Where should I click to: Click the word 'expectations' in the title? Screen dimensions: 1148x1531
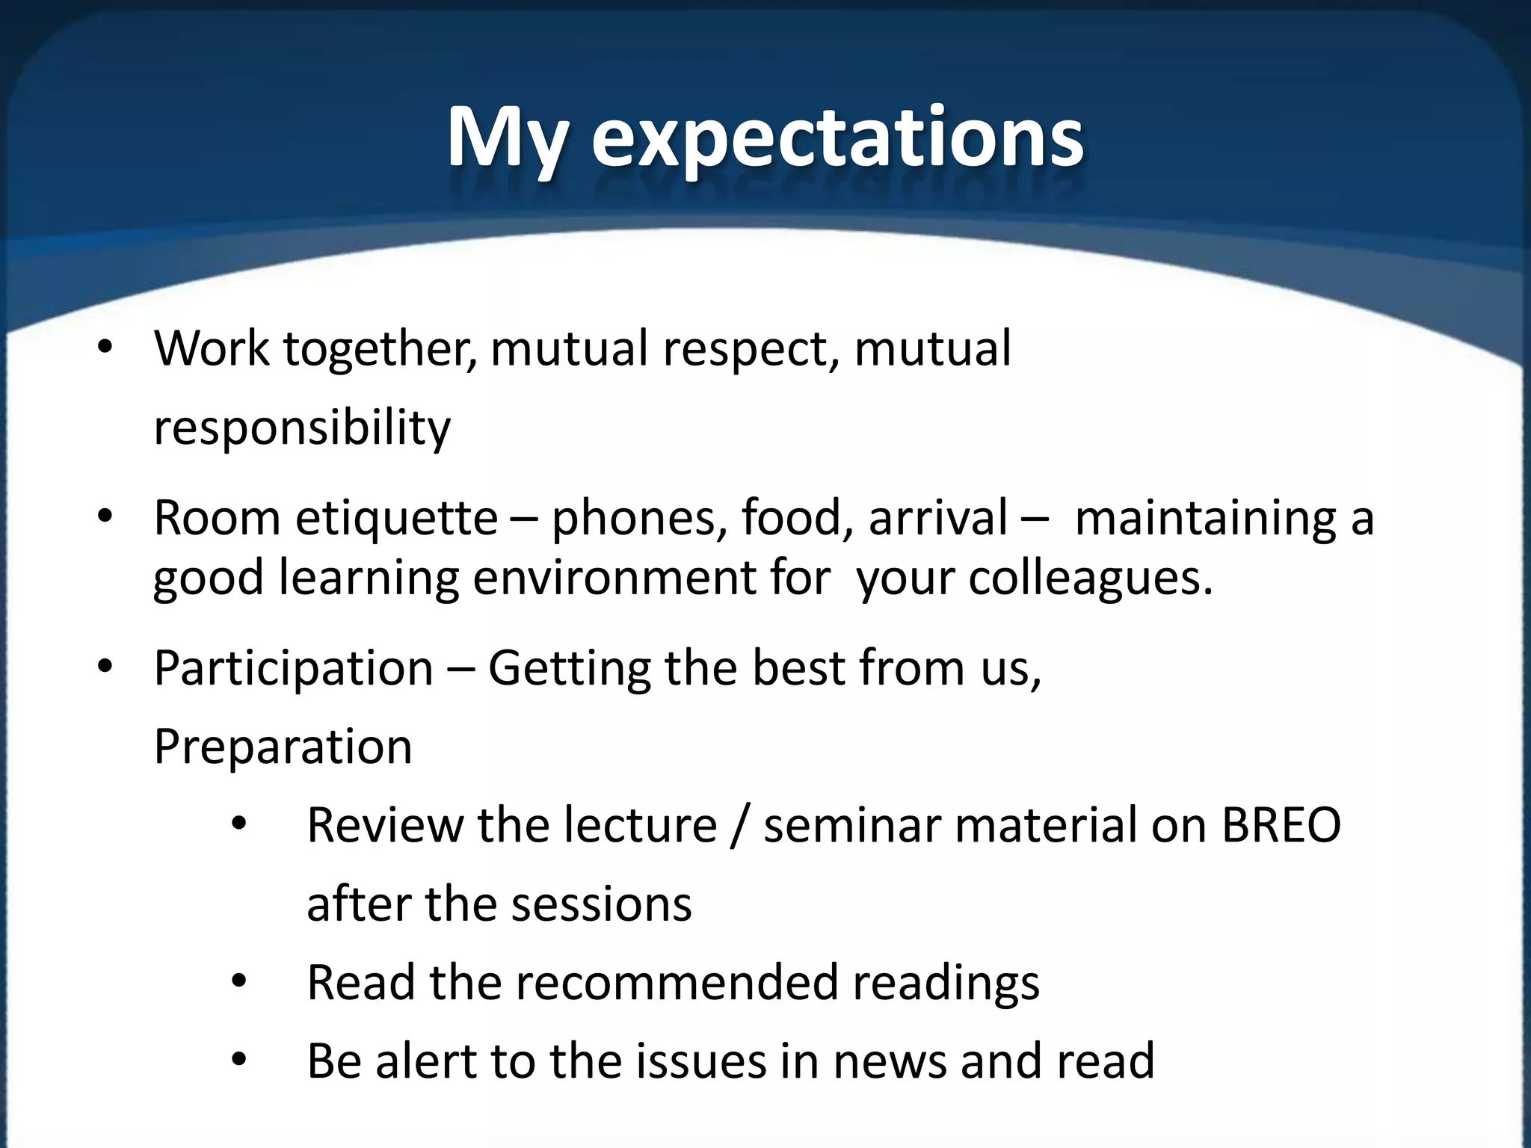(837, 138)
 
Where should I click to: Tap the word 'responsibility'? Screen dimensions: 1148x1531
(302, 428)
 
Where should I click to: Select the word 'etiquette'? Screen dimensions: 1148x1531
(396, 517)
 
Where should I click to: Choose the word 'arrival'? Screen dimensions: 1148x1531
(938, 517)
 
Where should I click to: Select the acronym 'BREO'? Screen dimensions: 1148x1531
(1281, 825)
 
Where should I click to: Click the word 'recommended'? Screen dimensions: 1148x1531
(677, 982)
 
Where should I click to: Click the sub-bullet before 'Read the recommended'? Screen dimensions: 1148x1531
(238, 981)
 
